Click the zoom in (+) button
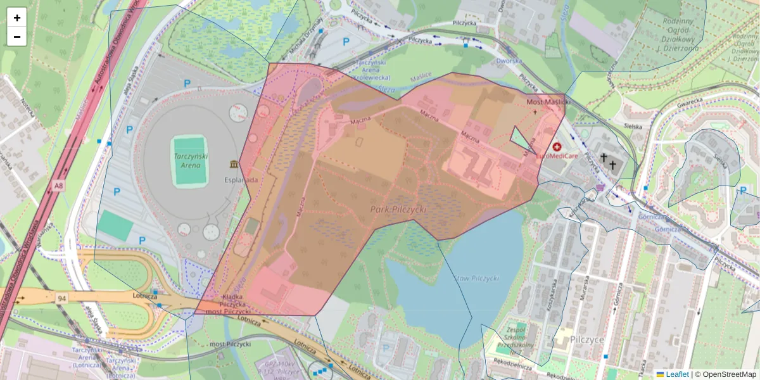coord(17,18)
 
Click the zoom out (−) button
coord(17,36)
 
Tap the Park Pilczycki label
coord(398,209)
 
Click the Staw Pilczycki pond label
coord(476,279)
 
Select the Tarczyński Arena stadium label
coord(190,161)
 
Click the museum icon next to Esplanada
coord(235,165)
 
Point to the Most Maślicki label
coord(548,101)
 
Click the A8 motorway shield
coord(59,186)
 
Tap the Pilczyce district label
coord(586,339)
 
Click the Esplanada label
coord(240,179)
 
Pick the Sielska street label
coord(632,126)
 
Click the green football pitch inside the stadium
coord(189,161)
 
